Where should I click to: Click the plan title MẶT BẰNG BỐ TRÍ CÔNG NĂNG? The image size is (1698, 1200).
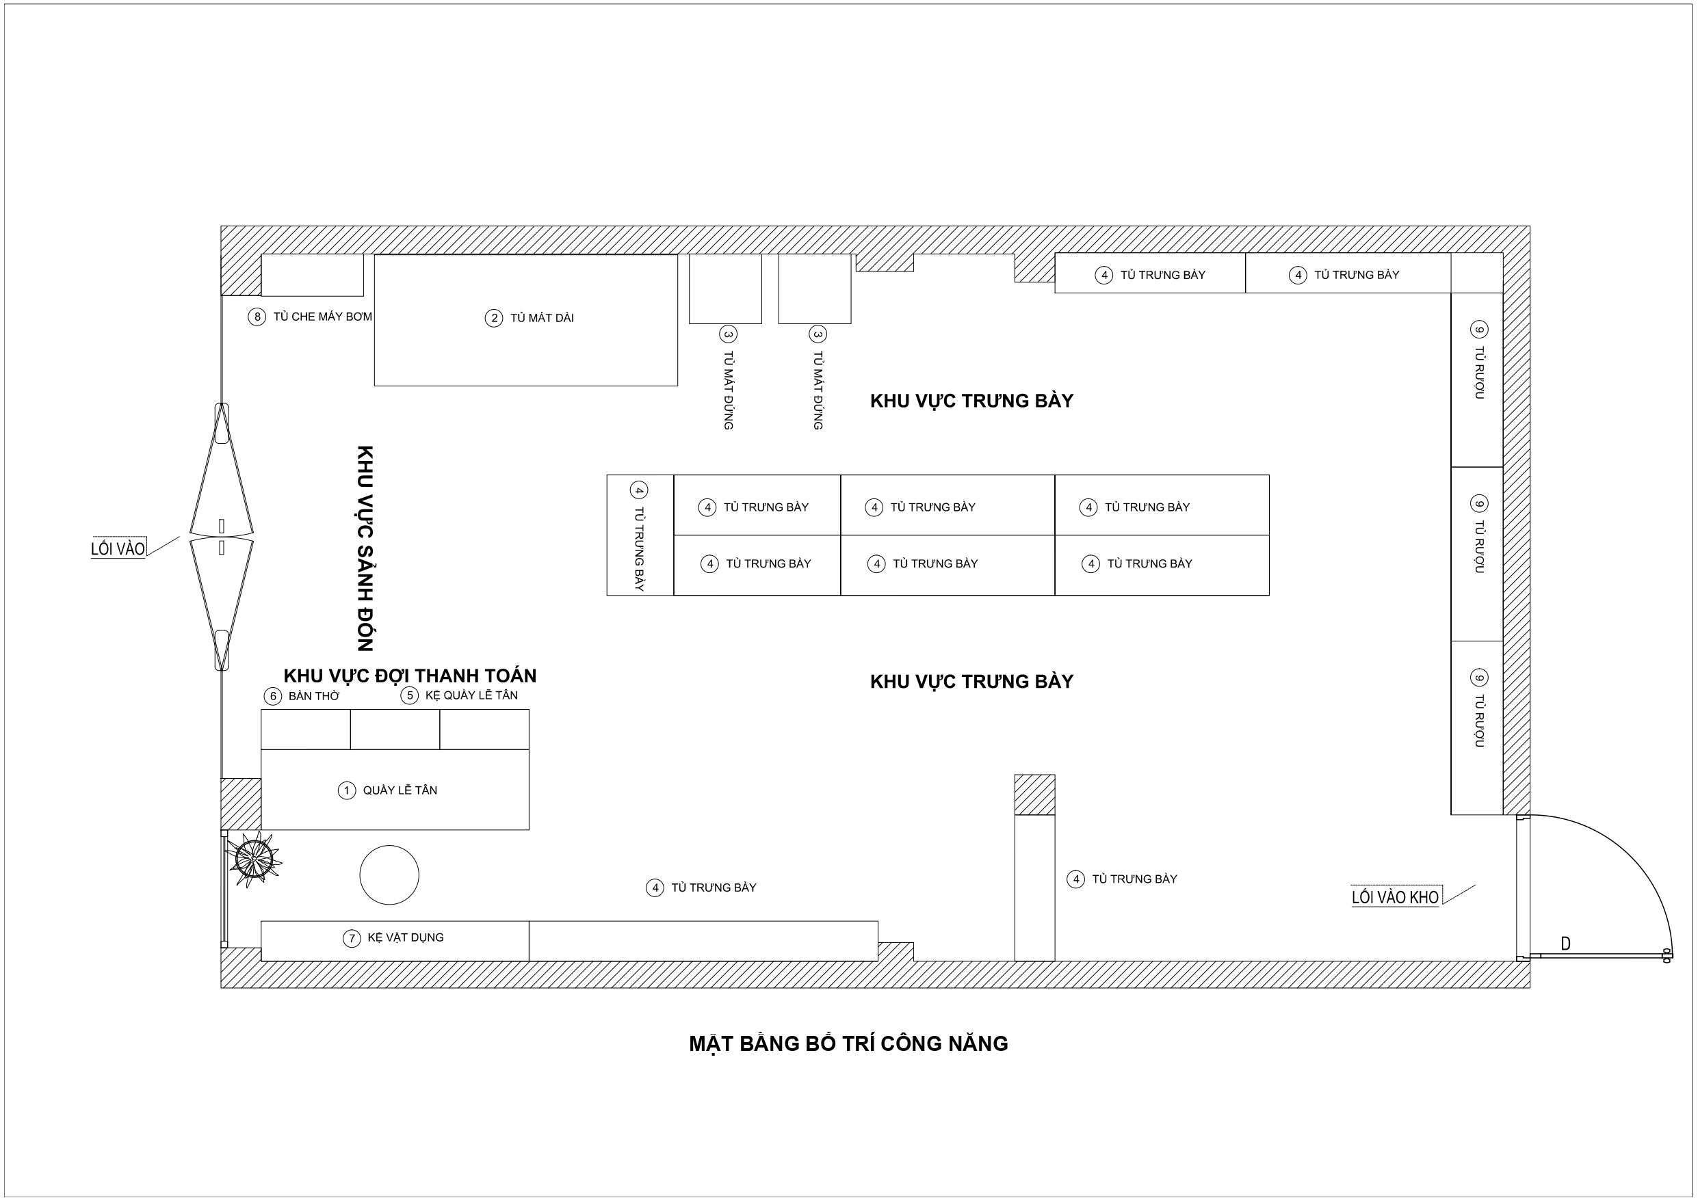(848, 1043)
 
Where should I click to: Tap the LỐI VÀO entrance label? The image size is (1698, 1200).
(118, 548)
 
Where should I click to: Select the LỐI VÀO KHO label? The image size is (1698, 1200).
(1395, 897)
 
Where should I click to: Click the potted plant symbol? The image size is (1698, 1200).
(254, 859)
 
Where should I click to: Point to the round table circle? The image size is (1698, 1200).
(389, 875)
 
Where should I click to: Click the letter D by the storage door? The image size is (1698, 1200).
(1565, 944)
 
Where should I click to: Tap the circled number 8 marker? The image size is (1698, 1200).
(257, 317)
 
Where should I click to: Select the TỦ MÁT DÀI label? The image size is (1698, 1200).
(542, 318)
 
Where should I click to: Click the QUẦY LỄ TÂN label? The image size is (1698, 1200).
(400, 790)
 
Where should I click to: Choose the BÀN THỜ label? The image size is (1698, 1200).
(314, 696)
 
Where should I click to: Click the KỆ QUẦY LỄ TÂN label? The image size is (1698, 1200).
(471, 695)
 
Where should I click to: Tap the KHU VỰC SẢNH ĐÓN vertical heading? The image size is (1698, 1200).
(365, 548)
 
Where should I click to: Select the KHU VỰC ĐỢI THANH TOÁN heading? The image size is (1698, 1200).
(410, 676)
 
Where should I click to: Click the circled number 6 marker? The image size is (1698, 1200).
(273, 696)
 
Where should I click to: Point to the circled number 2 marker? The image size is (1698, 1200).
(493, 319)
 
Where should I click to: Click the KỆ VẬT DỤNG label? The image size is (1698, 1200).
(406, 937)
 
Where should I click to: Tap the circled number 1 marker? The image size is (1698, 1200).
(346, 790)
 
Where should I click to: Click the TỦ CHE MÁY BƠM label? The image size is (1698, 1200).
(322, 317)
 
